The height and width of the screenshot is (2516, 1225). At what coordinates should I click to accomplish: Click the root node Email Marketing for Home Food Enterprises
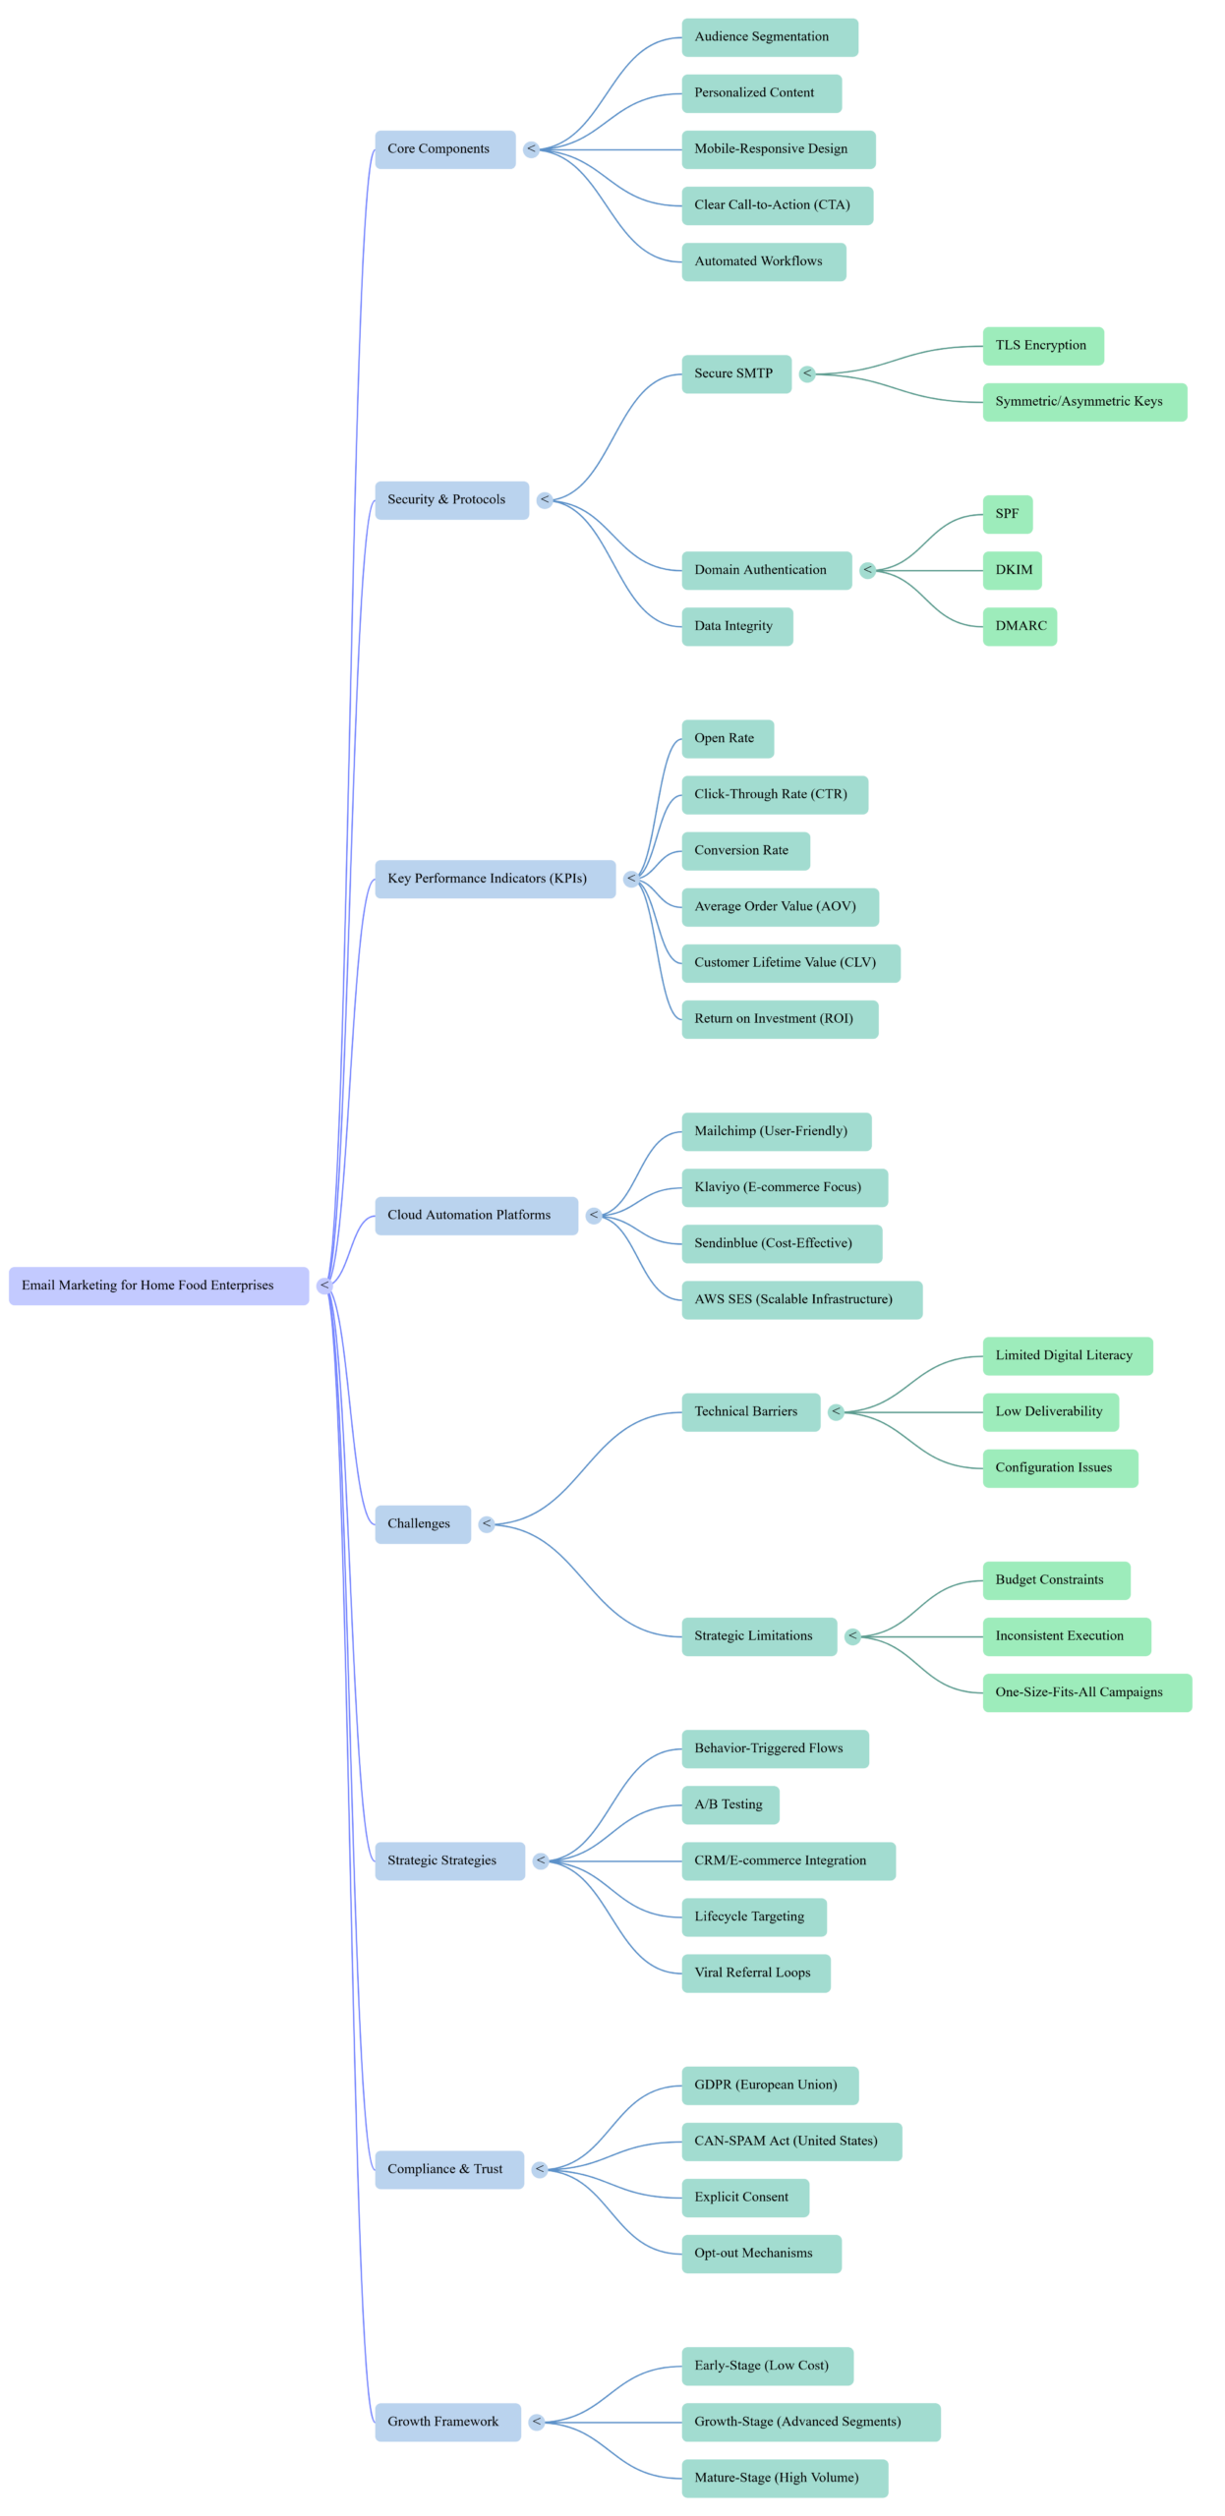click(x=158, y=1286)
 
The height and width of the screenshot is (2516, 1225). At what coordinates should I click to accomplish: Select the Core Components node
click(x=444, y=149)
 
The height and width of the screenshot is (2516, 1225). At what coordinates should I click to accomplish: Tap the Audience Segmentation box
click(x=769, y=37)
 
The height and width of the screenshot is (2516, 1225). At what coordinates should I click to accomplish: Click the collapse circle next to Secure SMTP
click(x=807, y=373)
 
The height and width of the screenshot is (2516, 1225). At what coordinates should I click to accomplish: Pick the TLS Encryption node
click(x=1042, y=346)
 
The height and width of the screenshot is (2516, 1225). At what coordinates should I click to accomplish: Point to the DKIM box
click(x=1012, y=570)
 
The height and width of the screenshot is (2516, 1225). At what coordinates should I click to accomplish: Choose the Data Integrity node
click(x=736, y=626)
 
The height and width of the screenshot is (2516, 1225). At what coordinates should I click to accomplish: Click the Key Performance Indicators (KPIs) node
click(x=495, y=879)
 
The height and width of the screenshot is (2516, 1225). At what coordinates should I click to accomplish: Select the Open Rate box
click(x=727, y=739)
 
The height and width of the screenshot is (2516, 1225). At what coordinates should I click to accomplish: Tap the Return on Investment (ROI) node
click(x=780, y=1019)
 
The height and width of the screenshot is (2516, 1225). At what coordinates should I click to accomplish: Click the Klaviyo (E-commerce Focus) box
click(x=785, y=1187)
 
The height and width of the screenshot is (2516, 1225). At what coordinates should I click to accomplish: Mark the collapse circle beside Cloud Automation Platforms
click(x=594, y=1216)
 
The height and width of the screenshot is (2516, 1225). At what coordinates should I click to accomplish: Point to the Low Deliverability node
click(x=1049, y=1412)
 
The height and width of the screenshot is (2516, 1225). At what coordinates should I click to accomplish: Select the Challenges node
click(x=422, y=1524)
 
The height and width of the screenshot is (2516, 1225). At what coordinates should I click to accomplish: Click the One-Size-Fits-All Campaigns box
click(x=1086, y=1692)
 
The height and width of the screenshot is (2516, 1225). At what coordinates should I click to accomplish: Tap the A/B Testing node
click(x=729, y=1804)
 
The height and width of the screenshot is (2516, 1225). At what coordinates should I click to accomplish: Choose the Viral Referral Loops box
click(x=755, y=1973)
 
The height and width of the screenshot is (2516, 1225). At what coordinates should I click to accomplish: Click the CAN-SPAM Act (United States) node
click(x=791, y=2142)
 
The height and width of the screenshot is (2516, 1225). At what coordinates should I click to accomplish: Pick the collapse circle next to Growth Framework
click(x=537, y=2422)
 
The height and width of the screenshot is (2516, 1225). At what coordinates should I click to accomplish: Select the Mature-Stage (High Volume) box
click(x=785, y=2478)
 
